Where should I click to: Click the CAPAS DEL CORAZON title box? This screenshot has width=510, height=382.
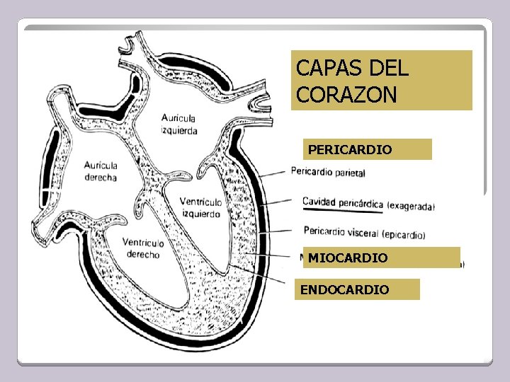pyautogui.click(x=381, y=80)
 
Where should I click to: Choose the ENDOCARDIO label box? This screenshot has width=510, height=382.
pyautogui.click(x=357, y=289)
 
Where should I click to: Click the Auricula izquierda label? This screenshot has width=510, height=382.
pyautogui.click(x=179, y=124)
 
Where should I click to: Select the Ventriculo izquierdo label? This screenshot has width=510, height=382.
pyautogui.click(x=200, y=207)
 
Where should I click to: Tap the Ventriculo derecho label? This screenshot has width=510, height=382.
pyautogui.click(x=142, y=248)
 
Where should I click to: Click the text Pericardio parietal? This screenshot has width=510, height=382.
pyautogui.click(x=328, y=171)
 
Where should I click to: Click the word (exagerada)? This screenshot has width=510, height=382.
pyautogui.click(x=412, y=207)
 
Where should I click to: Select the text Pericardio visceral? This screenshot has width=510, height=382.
pyautogui.click(x=341, y=231)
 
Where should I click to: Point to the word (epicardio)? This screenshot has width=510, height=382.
pyautogui.click(x=403, y=234)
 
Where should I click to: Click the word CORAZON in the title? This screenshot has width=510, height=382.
pyautogui.click(x=347, y=95)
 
